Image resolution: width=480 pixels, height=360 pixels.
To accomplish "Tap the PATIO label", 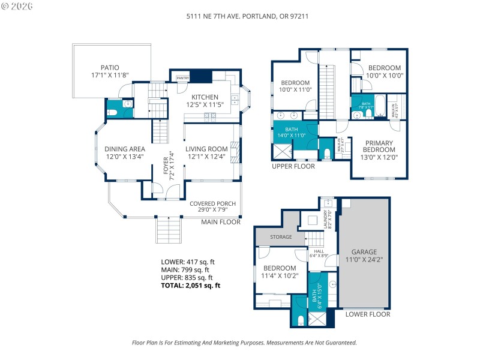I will [x=109, y=71].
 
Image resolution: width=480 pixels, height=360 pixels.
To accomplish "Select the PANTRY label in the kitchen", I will [x=182, y=78].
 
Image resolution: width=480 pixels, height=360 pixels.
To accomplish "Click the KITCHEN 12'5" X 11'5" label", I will [x=205, y=101].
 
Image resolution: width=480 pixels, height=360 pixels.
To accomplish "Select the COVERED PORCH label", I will [x=212, y=207].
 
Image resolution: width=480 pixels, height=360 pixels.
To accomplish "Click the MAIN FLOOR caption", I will [x=221, y=222].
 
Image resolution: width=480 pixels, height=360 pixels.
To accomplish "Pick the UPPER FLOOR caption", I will [x=293, y=166].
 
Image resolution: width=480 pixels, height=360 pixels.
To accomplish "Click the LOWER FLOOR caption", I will [x=368, y=314].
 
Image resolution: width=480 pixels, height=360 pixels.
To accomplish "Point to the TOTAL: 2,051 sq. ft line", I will [x=191, y=286].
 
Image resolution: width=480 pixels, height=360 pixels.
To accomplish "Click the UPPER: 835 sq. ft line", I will [x=187, y=278].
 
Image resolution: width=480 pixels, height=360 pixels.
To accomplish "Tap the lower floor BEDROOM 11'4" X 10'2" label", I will [x=279, y=272].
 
